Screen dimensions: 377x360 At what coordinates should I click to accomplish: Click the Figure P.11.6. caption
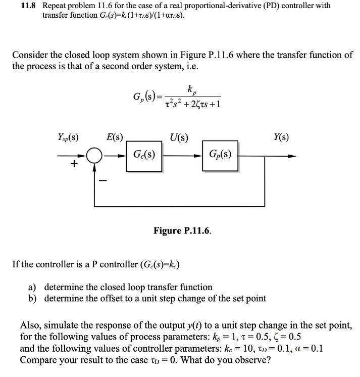182,231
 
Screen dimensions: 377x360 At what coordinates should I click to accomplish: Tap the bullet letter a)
32,288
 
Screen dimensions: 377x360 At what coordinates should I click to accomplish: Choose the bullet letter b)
32,298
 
